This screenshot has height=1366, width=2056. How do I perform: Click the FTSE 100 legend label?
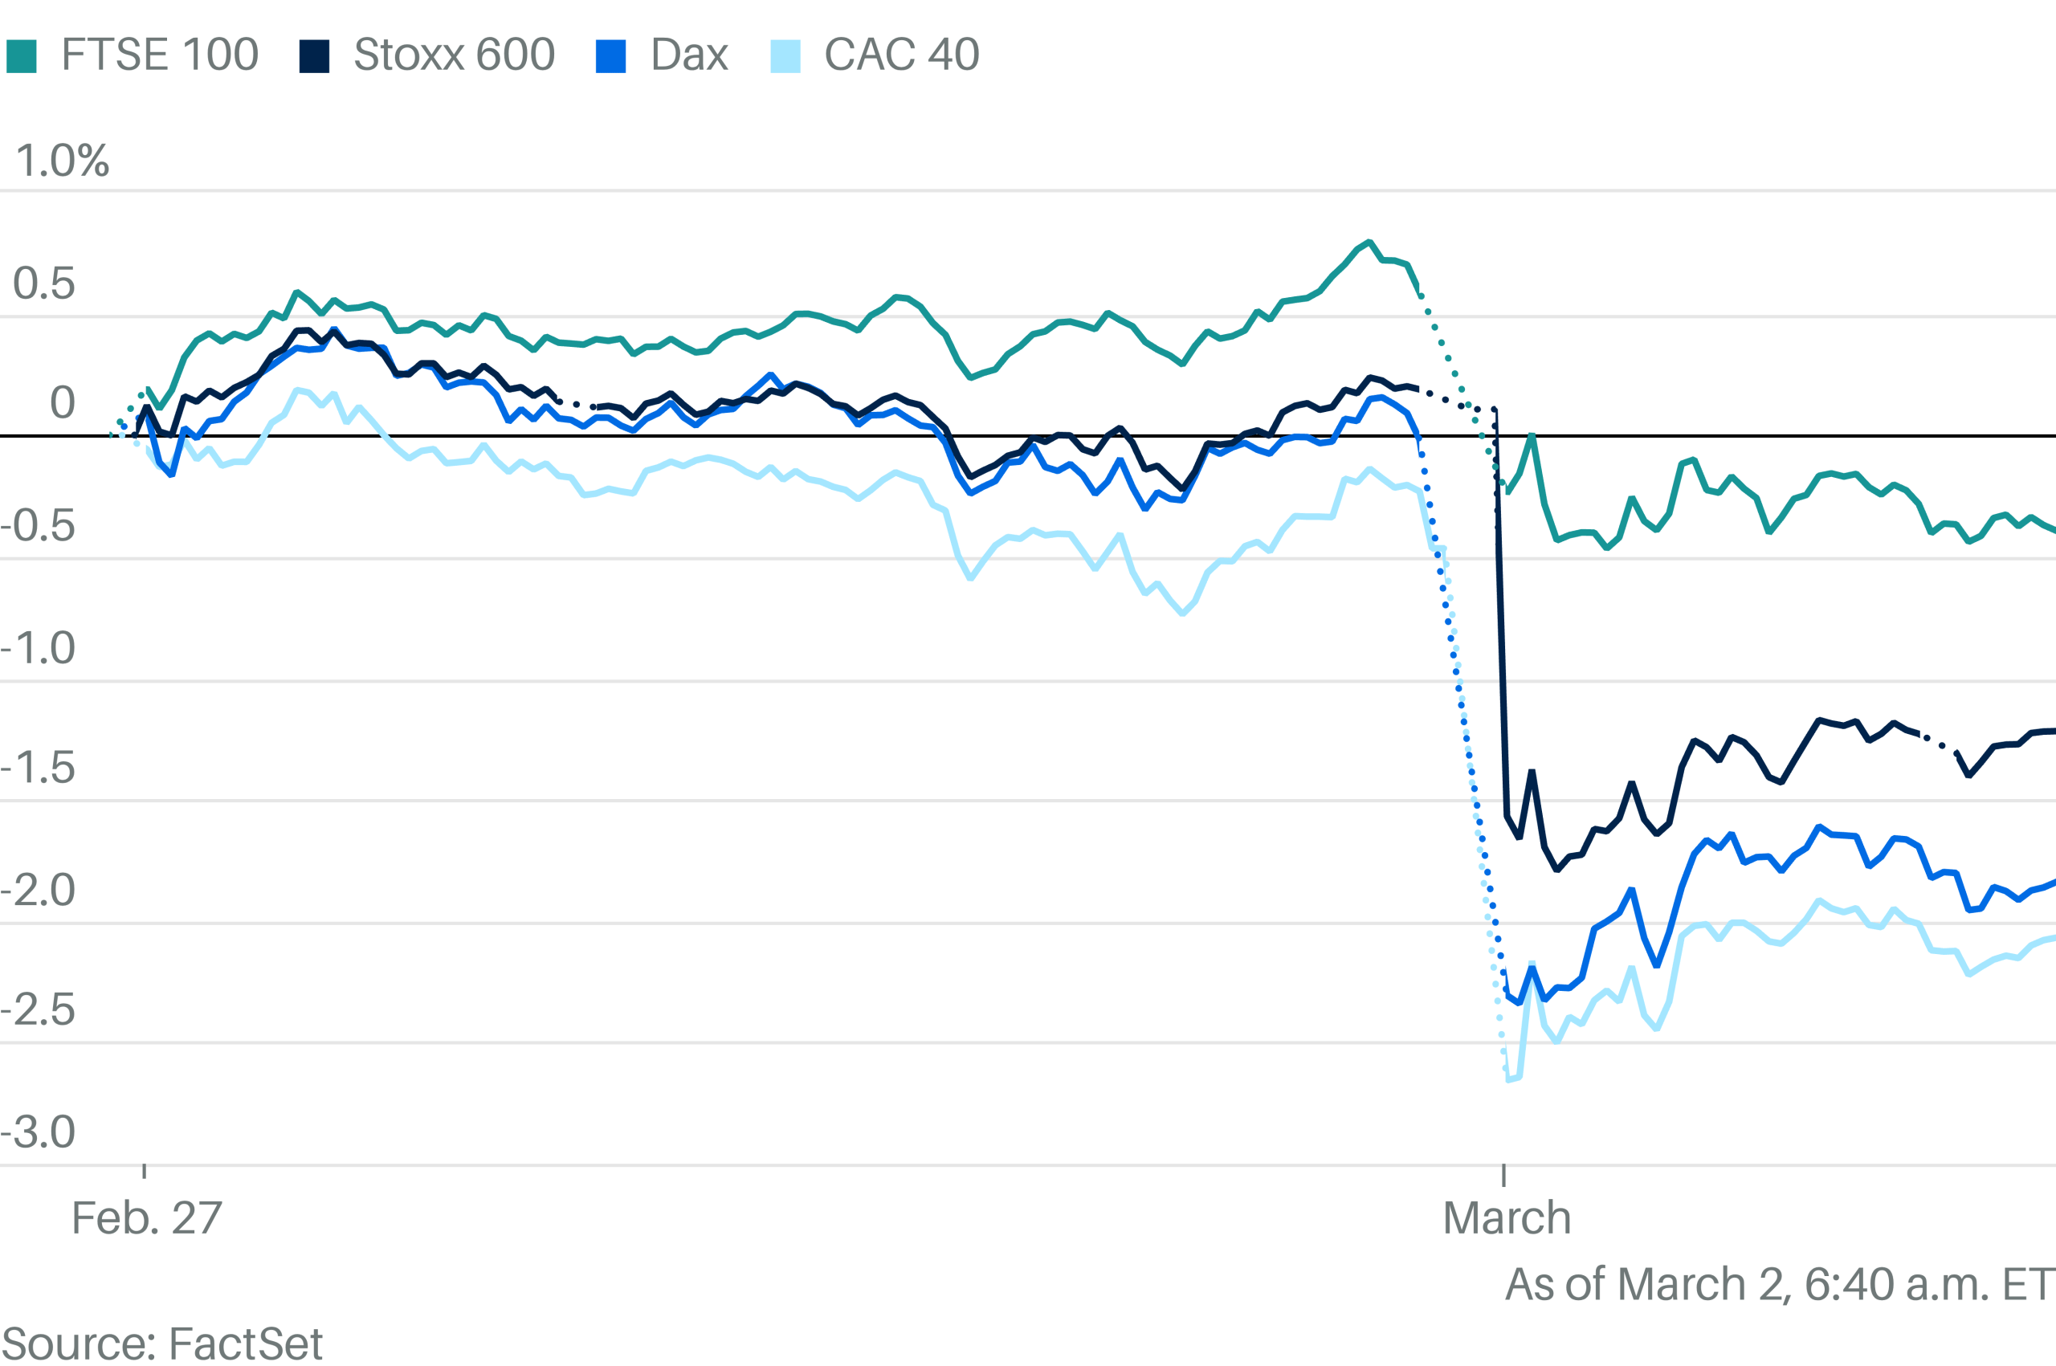pyautogui.click(x=160, y=55)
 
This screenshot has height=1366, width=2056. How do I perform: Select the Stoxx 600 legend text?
pyautogui.click(x=454, y=55)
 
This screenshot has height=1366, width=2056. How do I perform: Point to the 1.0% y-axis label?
pyautogui.click(x=62, y=161)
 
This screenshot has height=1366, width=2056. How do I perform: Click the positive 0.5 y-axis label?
pyautogui.click(x=43, y=284)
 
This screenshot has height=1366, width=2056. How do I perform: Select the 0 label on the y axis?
pyautogui.click(x=62, y=402)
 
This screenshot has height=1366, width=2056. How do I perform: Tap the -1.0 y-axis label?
pyautogui.click(x=39, y=648)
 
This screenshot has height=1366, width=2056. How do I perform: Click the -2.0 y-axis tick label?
pyautogui.click(x=39, y=891)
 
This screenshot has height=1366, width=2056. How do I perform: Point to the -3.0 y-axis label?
pyautogui.click(x=39, y=1132)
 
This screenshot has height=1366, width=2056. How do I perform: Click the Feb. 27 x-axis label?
pyautogui.click(x=146, y=1218)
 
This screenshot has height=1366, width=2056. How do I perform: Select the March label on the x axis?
pyautogui.click(x=1507, y=1218)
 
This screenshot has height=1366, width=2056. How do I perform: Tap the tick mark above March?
pyautogui.click(x=1503, y=1174)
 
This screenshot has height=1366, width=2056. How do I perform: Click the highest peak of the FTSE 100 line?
pyautogui.click(x=1369, y=243)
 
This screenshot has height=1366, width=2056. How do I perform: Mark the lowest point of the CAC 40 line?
pyautogui.click(x=1510, y=1080)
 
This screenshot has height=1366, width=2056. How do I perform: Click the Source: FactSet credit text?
pyautogui.click(x=162, y=1344)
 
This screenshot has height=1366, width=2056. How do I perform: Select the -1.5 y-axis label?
pyautogui.click(x=39, y=769)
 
